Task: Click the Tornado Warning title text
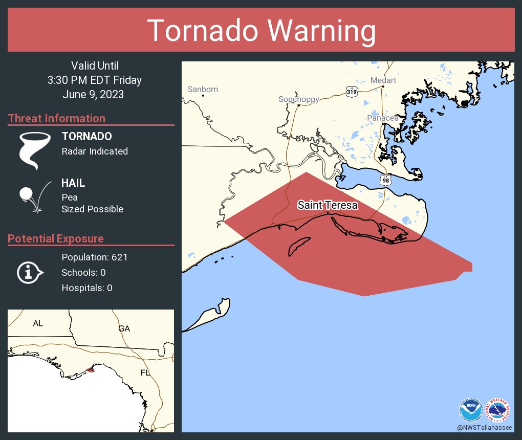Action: [261, 31]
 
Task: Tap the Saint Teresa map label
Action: [328, 205]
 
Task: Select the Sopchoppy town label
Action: [299, 99]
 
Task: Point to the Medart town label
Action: [383, 80]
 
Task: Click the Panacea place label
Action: [383, 118]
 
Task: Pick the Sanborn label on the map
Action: [203, 89]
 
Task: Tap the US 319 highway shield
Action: [351, 92]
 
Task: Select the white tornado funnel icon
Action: [35, 150]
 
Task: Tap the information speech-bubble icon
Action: [30, 272]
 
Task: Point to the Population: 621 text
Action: [94, 257]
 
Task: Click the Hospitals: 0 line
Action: [87, 288]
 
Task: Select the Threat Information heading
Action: [57, 119]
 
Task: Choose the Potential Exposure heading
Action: [56, 239]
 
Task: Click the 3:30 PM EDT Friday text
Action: [95, 80]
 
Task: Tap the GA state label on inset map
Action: [124, 328]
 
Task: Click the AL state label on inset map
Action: [38, 323]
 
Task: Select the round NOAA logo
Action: [470, 410]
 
